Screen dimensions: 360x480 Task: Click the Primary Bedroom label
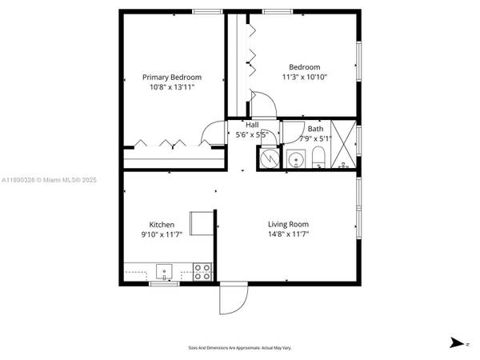(x=172, y=78)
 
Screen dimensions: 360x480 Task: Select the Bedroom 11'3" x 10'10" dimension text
(x=304, y=78)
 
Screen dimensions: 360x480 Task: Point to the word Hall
(x=252, y=125)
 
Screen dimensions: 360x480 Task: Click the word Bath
(x=315, y=128)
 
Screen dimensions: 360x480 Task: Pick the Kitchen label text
(x=162, y=225)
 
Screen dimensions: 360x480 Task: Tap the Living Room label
(x=288, y=225)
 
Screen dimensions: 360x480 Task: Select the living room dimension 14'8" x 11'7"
(x=288, y=234)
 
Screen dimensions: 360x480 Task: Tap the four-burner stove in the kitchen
(x=202, y=271)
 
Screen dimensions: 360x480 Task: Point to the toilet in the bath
(x=318, y=155)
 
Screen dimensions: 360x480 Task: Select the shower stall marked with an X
(x=345, y=144)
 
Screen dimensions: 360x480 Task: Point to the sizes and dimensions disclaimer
(x=240, y=347)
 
